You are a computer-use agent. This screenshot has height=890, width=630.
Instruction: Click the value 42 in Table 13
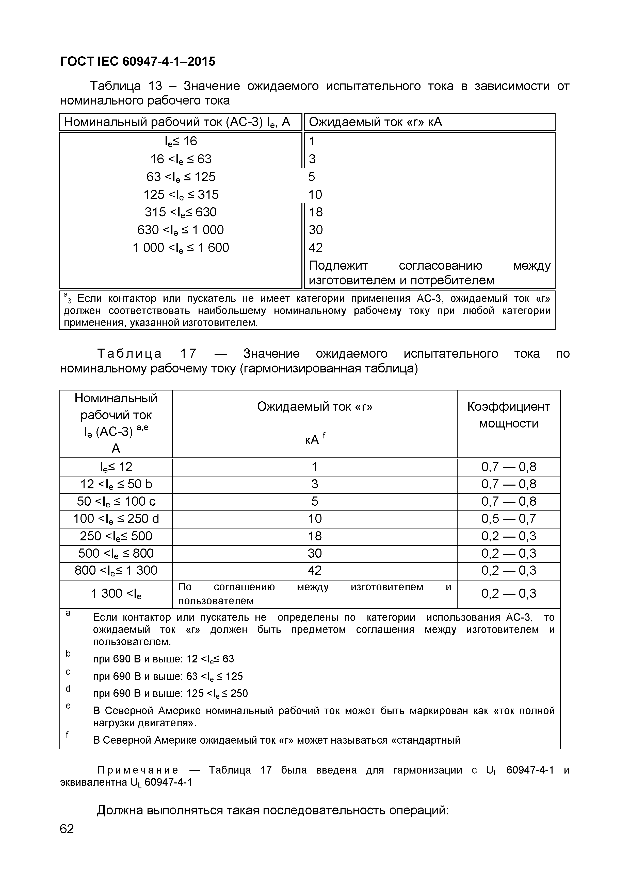tap(316, 248)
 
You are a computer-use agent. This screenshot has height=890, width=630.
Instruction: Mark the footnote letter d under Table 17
tap(68, 689)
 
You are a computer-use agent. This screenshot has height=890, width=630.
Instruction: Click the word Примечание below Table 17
tap(138, 770)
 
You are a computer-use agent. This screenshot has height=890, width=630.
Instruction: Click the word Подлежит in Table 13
tap(338, 266)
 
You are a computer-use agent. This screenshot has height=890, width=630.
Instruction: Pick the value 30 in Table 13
tap(316, 230)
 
